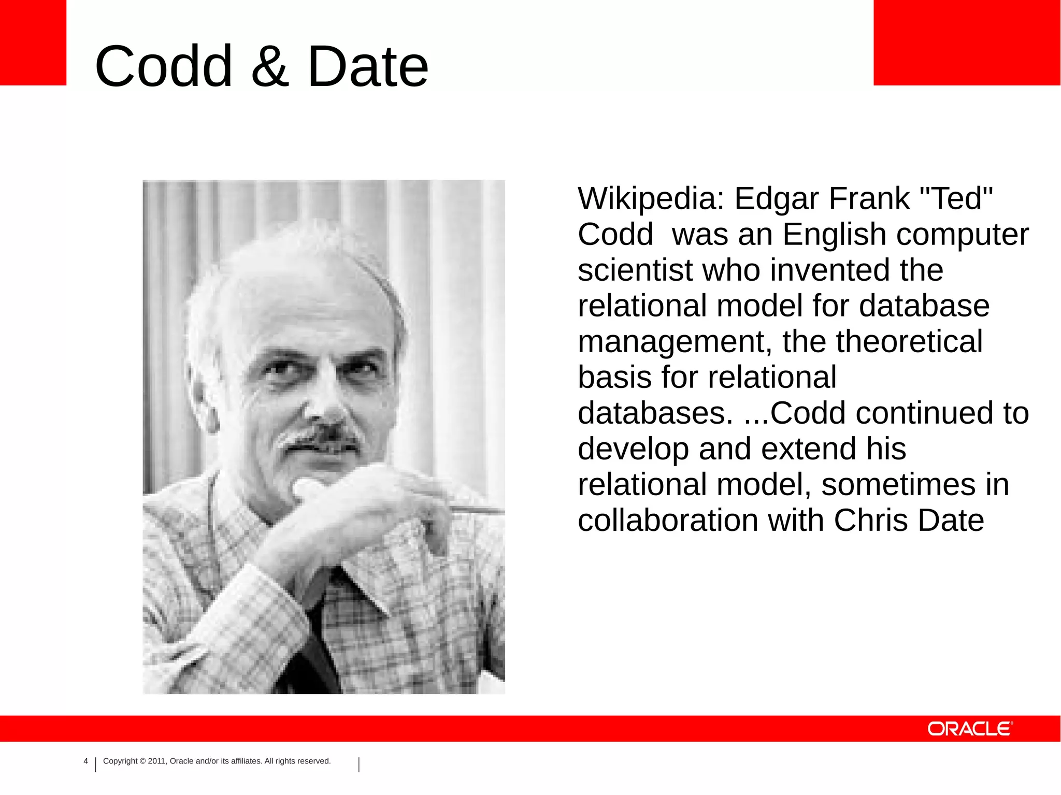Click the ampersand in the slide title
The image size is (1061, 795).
[x=269, y=66]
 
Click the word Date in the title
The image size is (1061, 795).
[x=368, y=66]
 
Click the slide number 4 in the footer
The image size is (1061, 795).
[x=86, y=761]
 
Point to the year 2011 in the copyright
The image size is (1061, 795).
[x=156, y=761]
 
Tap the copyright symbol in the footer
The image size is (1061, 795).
[x=142, y=761]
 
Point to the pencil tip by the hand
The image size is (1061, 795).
[x=497, y=511]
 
